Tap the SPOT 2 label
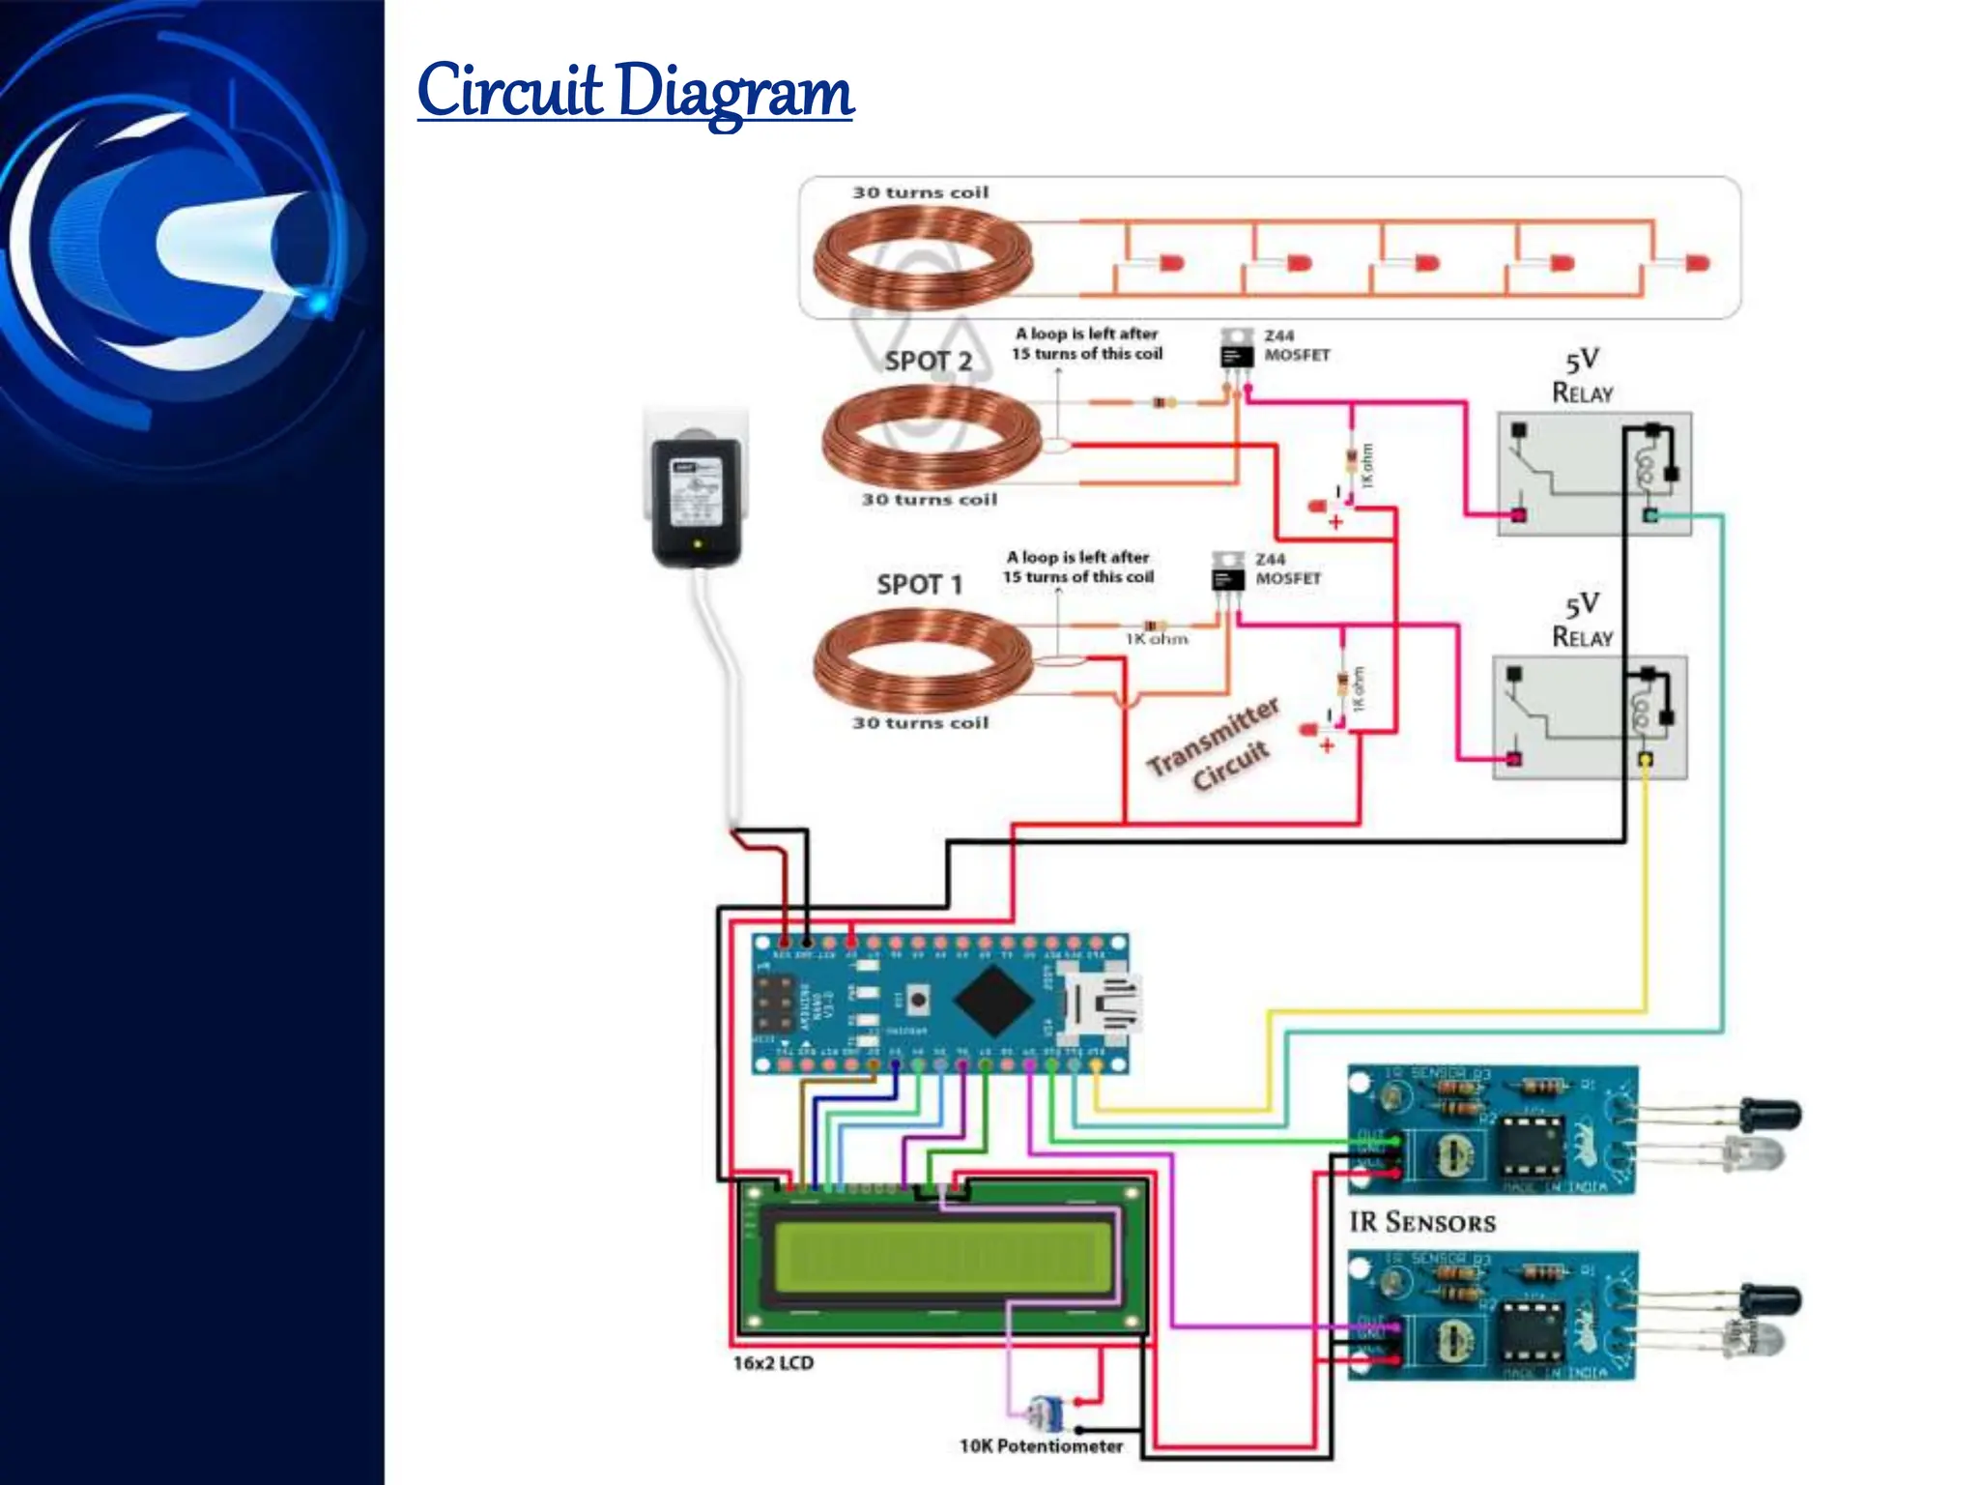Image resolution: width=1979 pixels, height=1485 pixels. pyautogui.click(x=928, y=361)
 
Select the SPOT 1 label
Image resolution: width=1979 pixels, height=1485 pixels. pyautogui.click(x=919, y=584)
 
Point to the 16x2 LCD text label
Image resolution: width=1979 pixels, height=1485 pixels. pyautogui.click(x=773, y=1362)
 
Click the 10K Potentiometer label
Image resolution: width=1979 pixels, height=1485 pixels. pyautogui.click(x=1041, y=1445)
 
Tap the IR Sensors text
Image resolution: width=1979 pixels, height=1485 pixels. pyautogui.click(x=1421, y=1222)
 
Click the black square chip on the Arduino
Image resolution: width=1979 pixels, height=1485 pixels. pyautogui.click(x=995, y=1001)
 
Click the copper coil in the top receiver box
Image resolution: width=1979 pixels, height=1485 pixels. pyautogui.click(x=923, y=257)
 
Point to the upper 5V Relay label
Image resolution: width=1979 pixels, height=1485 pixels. pyautogui.click(x=1582, y=376)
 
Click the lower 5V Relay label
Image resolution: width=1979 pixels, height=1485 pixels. pyautogui.click(x=1582, y=621)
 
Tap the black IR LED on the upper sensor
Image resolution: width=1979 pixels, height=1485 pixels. pyautogui.click(x=1769, y=1114)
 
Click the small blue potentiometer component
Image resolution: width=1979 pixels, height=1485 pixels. pyautogui.click(x=1045, y=1414)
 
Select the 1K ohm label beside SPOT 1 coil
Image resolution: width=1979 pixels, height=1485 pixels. pyautogui.click(x=1157, y=639)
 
